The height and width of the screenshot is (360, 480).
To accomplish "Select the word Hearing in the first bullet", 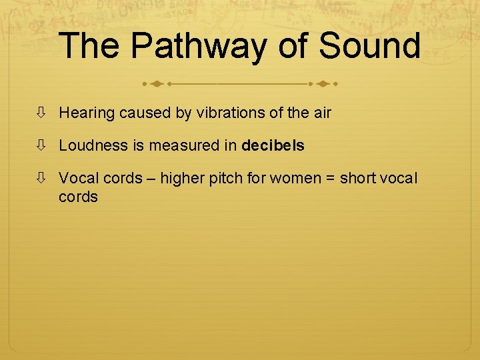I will (87, 113).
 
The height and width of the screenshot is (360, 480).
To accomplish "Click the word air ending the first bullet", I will (321, 113).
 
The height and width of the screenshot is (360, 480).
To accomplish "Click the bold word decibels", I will (273, 145).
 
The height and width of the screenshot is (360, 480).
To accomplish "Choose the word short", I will (358, 179).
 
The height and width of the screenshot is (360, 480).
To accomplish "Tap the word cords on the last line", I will (78, 197).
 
